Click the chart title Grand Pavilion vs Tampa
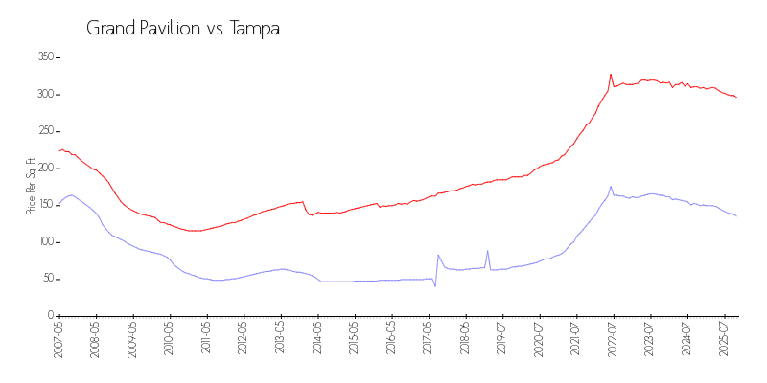click(183, 29)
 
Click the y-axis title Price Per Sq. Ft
click(31, 186)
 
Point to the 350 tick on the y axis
click(44, 57)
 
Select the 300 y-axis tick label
click(44, 94)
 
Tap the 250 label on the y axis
click(44, 131)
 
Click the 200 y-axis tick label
click(44, 168)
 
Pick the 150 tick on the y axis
click(44, 205)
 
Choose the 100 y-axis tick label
click(44, 241)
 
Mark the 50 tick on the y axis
click(46, 279)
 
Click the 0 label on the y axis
click(49, 315)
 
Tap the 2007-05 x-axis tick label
click(59, 339)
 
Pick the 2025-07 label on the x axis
click(725, 339)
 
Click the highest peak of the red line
click(611, 74)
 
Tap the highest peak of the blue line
click(611, 187)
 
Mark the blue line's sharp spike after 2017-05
click(438, 255)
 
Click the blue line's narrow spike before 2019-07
click(487, 251)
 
